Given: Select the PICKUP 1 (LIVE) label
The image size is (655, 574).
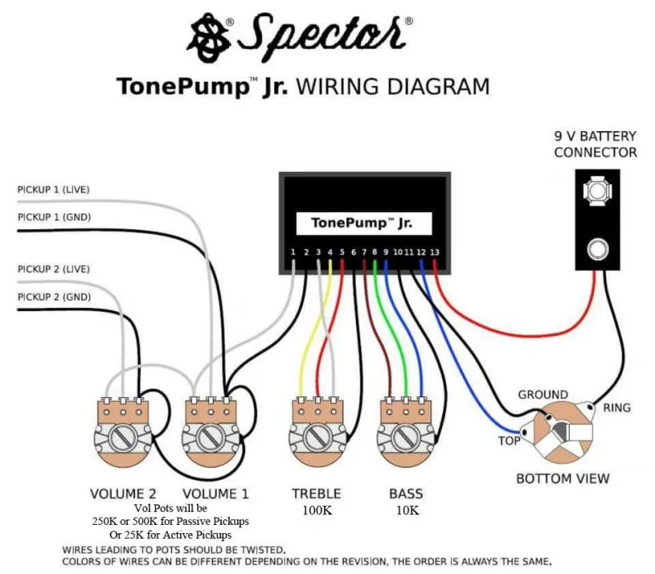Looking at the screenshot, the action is tap(53, 190).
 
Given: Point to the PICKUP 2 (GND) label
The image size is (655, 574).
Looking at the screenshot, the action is tap(54, 297).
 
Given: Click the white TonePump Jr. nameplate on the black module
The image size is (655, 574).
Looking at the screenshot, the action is tap(364, 224).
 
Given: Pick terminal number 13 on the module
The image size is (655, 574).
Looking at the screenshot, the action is tap(435, 252).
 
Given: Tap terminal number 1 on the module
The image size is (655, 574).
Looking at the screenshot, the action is tap(293, 252).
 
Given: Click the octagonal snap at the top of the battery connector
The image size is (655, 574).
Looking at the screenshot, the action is tap(598, 191).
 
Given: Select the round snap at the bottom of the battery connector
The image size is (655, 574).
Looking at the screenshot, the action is tap(598, 250).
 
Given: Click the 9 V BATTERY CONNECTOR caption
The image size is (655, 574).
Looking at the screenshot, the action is tap(595, 144).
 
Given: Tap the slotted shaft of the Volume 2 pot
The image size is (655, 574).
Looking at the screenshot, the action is tap(124, 438).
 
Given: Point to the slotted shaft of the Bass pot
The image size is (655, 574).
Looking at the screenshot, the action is tap(405, 438).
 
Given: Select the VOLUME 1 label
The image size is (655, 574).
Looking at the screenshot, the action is tap(215, 495).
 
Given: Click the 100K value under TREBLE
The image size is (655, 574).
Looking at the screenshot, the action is tap(318, 510).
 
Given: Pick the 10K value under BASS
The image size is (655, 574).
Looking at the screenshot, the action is tap(408, 510).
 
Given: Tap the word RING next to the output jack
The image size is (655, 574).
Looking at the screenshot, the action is tap(617, 408).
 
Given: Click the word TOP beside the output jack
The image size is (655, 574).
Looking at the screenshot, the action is tap(509, 441).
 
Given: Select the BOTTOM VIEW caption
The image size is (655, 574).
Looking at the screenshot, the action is tap(562, 479).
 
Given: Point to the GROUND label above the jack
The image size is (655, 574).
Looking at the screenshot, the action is tap(543, 395).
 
